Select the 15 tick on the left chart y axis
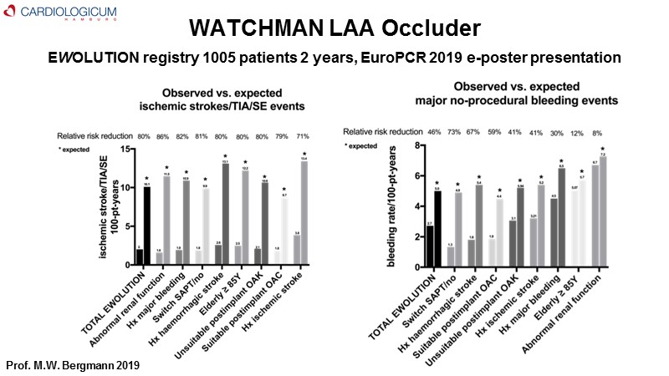coord(125,150)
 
